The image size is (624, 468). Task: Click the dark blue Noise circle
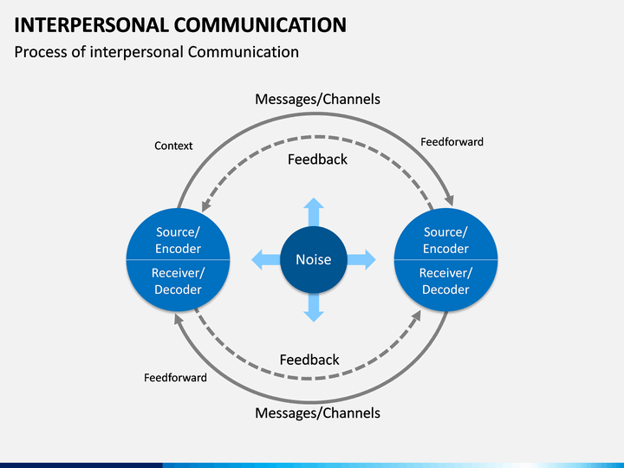tap(314, 259)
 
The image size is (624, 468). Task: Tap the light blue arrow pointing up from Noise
tap(314, 211)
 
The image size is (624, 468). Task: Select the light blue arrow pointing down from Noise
tap(314, 307)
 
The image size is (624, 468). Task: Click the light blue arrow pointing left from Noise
tap(266, 259)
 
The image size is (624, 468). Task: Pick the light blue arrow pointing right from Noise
tap(361, 259)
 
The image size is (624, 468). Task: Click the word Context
tap(173, 146)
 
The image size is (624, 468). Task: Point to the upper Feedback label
tap(317, 159)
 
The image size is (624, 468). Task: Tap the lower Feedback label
tap(309, 361)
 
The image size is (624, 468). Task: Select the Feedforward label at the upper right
tap(452, 142)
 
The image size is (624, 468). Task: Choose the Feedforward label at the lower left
tap(175, 378)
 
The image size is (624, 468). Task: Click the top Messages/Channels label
tap(317, 99)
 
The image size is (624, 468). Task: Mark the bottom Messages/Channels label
tap(317, 413)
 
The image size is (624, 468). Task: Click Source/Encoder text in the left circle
tap(178, 240)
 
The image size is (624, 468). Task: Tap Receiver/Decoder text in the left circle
tap(178, 281)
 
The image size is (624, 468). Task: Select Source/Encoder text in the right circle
tap(445, 240)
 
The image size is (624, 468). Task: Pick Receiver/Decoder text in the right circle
tap(445, 281)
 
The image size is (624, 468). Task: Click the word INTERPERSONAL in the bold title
tap(91, 25)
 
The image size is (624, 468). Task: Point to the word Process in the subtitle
tap(41, 52)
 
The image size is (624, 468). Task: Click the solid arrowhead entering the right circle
tap(449, 200)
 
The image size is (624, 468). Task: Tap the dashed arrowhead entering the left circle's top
tap(205, 205)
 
